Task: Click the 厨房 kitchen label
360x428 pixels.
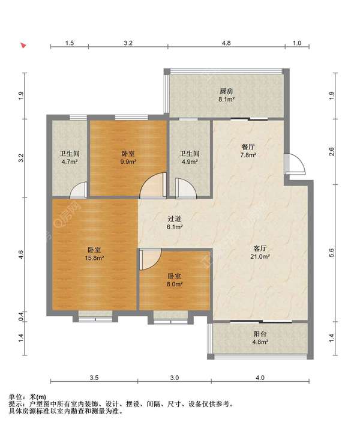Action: [x=226, y=91]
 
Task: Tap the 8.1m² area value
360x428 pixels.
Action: [x=226, y=100]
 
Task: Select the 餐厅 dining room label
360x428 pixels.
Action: [x=248, y=147]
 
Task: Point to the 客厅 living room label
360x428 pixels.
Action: [x=260, y=249]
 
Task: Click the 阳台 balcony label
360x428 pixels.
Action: [x=260, y=334]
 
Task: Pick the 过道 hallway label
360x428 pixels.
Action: [x=175, y=219]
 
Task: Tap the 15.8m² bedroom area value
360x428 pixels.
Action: [x=94, y=258]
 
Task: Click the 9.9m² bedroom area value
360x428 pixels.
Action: [x=128, y=161]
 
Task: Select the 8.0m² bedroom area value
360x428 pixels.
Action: [x=175, y=284]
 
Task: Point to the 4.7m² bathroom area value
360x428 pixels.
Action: [x=70, y=161]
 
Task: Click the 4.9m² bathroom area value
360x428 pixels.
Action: [x=190, y=161]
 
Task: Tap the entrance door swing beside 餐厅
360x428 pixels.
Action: [x=295, y=164]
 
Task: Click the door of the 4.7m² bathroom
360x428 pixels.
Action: [x=79, y=190]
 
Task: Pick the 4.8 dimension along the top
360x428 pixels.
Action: [x=226, y=43]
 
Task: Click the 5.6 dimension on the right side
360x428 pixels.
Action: [x=332, y=253]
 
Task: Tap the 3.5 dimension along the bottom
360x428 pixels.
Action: [x=94, y=378]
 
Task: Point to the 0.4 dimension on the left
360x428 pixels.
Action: [x=21, y=316]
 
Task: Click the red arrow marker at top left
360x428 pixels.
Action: [x=23, y=45]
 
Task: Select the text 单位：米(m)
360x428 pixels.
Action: [x=27, y=397]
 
